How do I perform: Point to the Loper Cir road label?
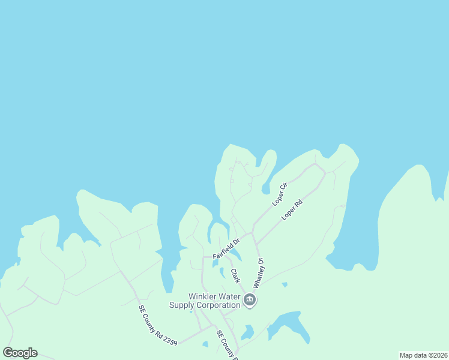click(x=280, y=193)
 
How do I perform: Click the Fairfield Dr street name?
click(x=226, y=248)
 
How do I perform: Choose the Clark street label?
click(x=235, y=276)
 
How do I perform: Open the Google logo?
click(x=20, y=353)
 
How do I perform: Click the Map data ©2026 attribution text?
click(x=423, y=355)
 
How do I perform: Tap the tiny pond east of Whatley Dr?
click(x=284, y=284)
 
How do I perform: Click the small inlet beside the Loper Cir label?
click(x=266, y=189)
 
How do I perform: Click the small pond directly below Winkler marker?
click(x=248, y=331)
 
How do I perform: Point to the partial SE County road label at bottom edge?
click(x=227, y=344)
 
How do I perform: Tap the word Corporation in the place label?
click(x=216, y=305)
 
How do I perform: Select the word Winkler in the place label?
click(x=205, y=296)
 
